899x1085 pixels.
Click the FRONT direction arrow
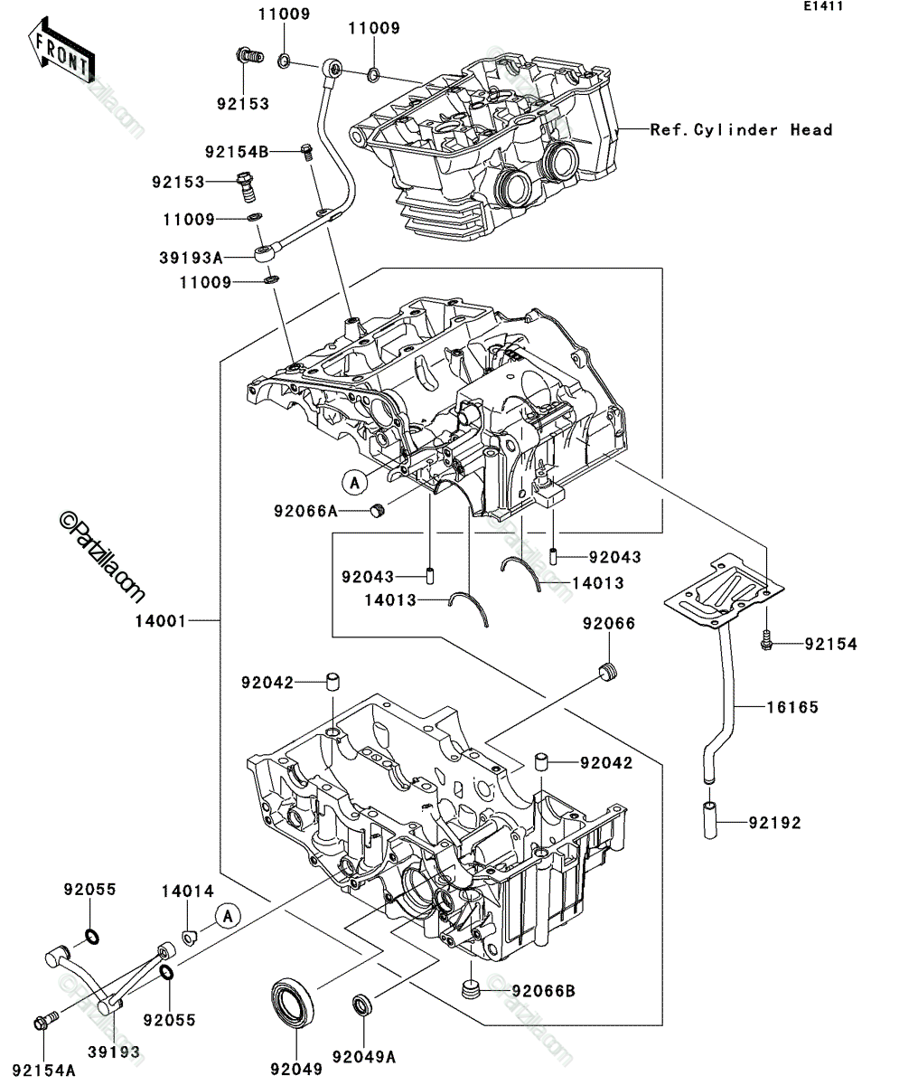[x=61, y=50]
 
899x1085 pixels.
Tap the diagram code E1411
[x=824, y=6]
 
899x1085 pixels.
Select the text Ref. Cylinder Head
[x=741, y=129]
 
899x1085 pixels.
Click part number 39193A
[x=191, y=257]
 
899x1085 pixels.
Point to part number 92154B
[x=237, y=152]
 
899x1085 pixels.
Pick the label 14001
[x=161, y=620]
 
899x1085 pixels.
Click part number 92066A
[x=305, y=512]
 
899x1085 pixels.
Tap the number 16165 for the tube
[x=792, y=707]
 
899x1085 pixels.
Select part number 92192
[x=775, y=823]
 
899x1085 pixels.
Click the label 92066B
[x=544, y=991]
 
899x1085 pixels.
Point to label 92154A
[x=43, y=1070]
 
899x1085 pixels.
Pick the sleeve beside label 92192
[x=710, y=820]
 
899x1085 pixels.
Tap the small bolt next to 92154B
[x=306, y=152]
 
